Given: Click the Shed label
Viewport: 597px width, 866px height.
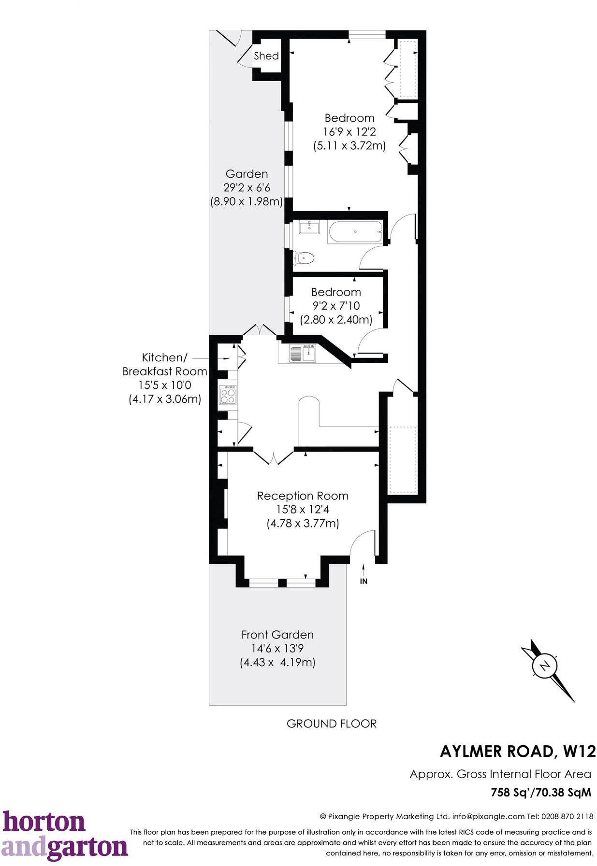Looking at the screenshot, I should pyautogui.click(x=266, y=56).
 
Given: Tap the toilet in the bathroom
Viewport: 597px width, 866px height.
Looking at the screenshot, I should pyautogui.click(x=305, y=257).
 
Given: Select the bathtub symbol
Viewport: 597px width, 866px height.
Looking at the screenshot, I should pyautogui.click(x=355, y=232).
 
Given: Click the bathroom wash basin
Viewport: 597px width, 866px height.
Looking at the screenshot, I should pyautogui.click(x=309, y=227).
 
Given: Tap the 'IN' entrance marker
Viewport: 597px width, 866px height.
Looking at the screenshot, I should pyautogui.click(x=364, y=582).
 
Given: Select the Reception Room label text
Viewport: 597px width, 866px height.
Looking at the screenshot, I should pyautogui.click(x=303, y=496).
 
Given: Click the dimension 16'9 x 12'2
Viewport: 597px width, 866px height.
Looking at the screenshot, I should pyautogui.click(x=349, y=131).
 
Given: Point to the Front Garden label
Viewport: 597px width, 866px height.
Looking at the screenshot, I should pyautogui.click(x=277, y=635).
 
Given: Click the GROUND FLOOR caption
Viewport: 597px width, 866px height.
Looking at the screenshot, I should pyautogui.click(x=331, y=724).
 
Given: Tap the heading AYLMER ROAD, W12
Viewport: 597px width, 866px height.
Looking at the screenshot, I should pyautogui.click(x=518, y=752).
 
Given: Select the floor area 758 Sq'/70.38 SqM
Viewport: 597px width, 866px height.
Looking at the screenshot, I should pyautogui.click(x=540, y=793).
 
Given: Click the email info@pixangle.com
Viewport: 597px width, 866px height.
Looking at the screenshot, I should pyautogui.click(x=488, y=817).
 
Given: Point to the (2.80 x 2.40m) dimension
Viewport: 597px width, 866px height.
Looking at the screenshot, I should pyautogui.click(x=336, y=320).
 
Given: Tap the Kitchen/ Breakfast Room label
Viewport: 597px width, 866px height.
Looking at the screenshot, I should pyautogui.click(x=164, y=365).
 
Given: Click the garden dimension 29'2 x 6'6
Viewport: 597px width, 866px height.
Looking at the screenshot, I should pyautogui.click(x=247, y=187).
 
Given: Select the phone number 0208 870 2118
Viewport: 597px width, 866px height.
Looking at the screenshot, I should pyautogui.click(x=568, y=817).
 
